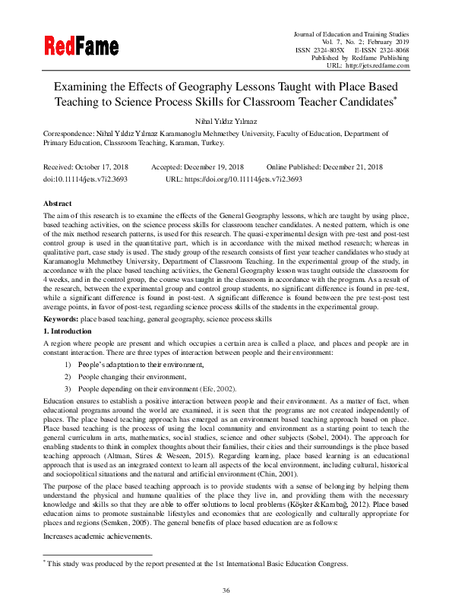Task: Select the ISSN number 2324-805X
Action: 321,49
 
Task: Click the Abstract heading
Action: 58,204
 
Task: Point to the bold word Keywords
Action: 61,321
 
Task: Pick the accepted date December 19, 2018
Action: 215,166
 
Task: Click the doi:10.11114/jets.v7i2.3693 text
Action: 85,179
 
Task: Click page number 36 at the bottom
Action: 226,590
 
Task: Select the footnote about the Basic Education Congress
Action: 198,564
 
